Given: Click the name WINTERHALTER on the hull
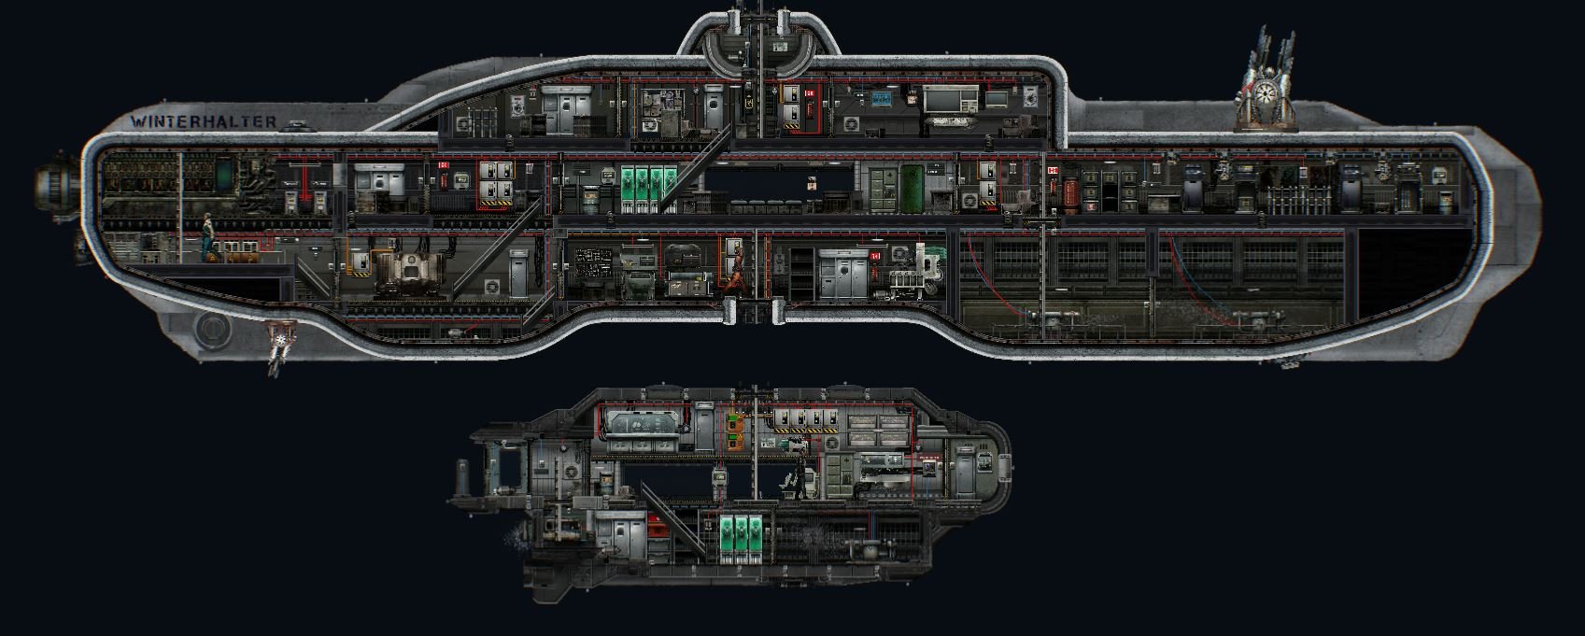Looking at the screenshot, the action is click(204, 121).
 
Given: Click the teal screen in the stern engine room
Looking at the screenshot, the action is click(226, 175).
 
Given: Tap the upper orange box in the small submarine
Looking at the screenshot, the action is click(736, 422).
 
